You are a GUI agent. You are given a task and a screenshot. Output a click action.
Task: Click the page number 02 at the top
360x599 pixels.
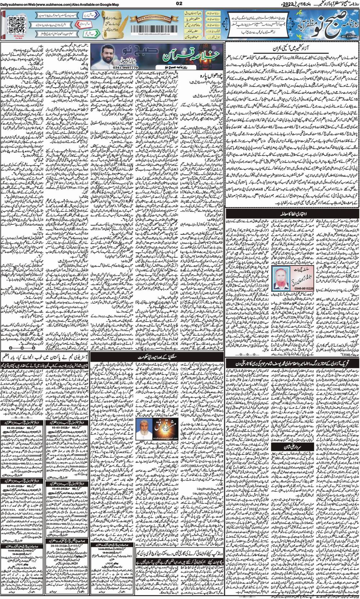180,4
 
